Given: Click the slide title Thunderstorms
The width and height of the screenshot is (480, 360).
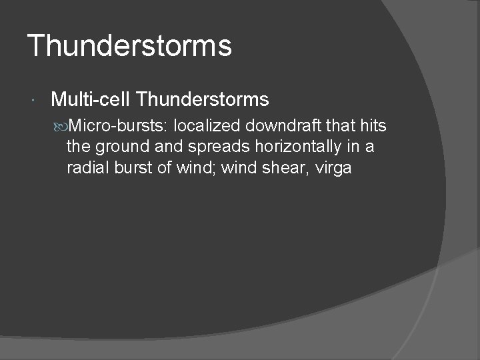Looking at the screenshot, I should (x=129, y=46).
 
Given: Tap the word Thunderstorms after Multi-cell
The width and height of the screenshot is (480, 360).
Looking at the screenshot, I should (x=202, y=100).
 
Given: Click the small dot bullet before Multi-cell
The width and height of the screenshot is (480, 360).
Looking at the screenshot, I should (x=33, y=101).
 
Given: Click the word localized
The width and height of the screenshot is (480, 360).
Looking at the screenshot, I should (x=207, y=126).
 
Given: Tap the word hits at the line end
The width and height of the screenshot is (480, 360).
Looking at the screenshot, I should (x=373, y=126).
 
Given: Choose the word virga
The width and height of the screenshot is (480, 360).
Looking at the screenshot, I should (x=332, y=169).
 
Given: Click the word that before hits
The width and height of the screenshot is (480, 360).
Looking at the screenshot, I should (x=341, y=126).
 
